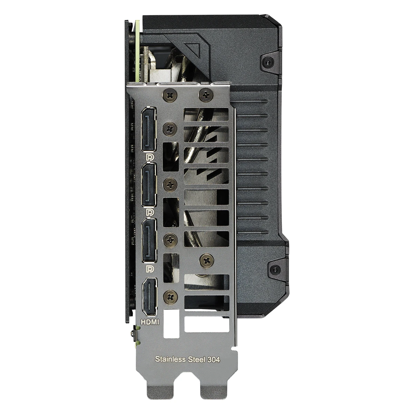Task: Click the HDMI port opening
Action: coord(149,297)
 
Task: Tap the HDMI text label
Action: coord(150,322)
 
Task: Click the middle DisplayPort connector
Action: coord(149,185)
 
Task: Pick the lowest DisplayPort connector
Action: coord(149,240)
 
